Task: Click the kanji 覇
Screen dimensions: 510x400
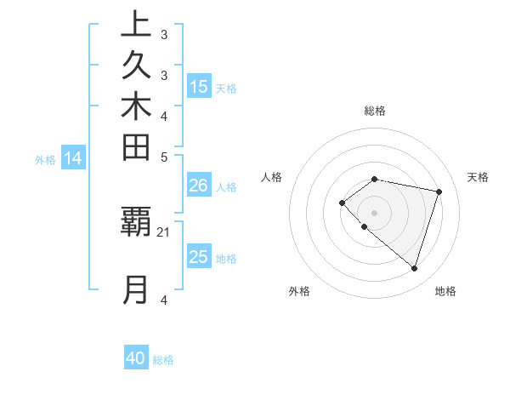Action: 136,221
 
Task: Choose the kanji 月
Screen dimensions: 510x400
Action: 136,289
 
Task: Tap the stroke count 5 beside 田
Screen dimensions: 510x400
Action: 163,157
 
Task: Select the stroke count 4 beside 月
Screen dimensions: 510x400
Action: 163,300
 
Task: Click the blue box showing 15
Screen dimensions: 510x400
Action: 199,86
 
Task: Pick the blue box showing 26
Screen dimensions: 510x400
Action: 199,186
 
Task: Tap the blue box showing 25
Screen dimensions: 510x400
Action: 199,257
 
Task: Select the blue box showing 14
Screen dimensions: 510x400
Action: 74,157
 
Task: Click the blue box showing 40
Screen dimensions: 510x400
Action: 136,358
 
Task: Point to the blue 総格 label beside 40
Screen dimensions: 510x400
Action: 163,360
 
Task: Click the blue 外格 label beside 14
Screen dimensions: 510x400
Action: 45,159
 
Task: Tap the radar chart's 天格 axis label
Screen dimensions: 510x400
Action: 478,177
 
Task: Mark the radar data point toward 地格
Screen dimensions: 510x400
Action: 414,269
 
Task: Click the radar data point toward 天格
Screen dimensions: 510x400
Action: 439,191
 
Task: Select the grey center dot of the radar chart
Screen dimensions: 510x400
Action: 374,212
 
